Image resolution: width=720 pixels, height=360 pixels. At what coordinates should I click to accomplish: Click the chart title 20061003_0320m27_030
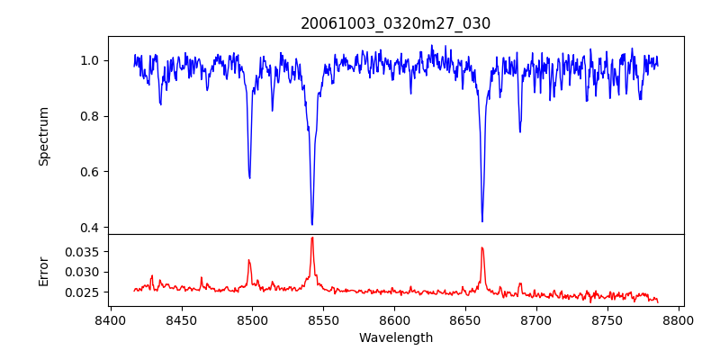tap(395, 23)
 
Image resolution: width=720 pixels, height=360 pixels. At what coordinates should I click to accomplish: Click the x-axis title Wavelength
tap(395, 337)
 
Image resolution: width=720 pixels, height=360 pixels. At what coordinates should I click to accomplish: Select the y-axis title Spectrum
tap(44, 136)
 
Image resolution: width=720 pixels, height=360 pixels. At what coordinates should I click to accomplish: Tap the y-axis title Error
tap(44, 270)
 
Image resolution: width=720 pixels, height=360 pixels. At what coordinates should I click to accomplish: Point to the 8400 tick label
tap(110, 319)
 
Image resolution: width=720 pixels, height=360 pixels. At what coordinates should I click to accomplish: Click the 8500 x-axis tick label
tap(252, 319)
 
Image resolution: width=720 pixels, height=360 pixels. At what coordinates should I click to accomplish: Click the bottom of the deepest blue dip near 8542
tap(312, 224)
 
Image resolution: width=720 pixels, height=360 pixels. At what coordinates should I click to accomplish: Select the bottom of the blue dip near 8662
tap(482, 220)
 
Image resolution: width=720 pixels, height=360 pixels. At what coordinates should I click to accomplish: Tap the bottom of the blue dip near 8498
tap(249, 177)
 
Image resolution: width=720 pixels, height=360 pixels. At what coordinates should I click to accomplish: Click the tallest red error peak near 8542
tap(312, 238)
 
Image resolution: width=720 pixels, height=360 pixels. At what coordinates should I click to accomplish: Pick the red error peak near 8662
tap(482, 247)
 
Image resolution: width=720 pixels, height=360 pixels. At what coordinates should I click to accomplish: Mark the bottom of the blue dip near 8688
tap(519, 131)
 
